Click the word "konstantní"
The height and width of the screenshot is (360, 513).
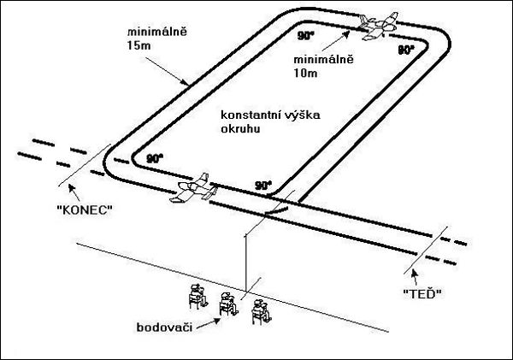(x=248, y=115)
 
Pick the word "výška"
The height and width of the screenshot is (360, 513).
(x=303, y=115)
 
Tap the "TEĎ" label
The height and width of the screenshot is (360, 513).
(x=420, y=293)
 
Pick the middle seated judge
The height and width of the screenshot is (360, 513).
(x=227, y=304)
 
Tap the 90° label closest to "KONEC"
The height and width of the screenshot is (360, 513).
(x=155, y=158)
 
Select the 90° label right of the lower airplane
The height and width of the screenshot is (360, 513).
(x=264, y=184)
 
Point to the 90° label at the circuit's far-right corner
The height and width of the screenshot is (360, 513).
(x=407, y=50)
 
